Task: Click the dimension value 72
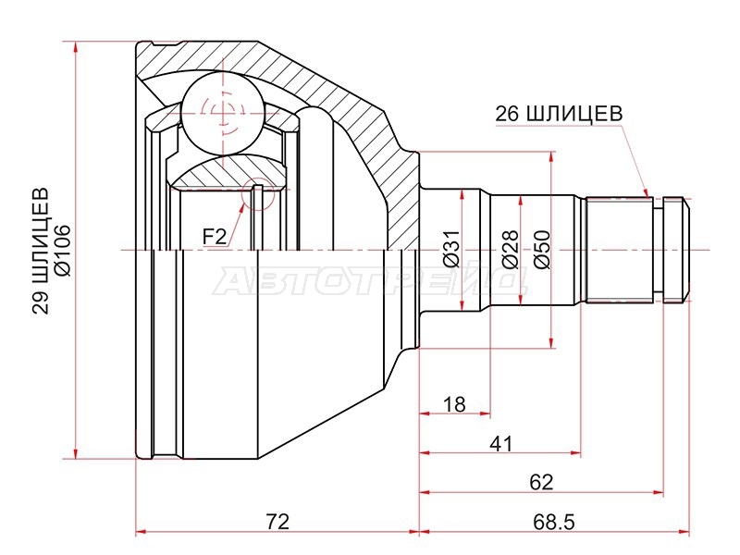coord(277,522)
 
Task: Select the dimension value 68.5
coord(554,522)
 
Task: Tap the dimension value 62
coord(541,482)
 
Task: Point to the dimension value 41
coord(500,444)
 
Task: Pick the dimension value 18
coord(454,404)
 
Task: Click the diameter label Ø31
coord(451,249)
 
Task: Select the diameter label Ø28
coord(511,249)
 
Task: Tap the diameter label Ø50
coord(542,249)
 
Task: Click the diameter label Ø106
coord(63,250)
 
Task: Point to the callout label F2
coord(215,236)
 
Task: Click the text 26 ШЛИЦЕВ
coord(559,113)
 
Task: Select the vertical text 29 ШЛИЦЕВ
coord(40,251)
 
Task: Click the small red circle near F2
coord(257,194)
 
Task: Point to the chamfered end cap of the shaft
coord(674,249)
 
